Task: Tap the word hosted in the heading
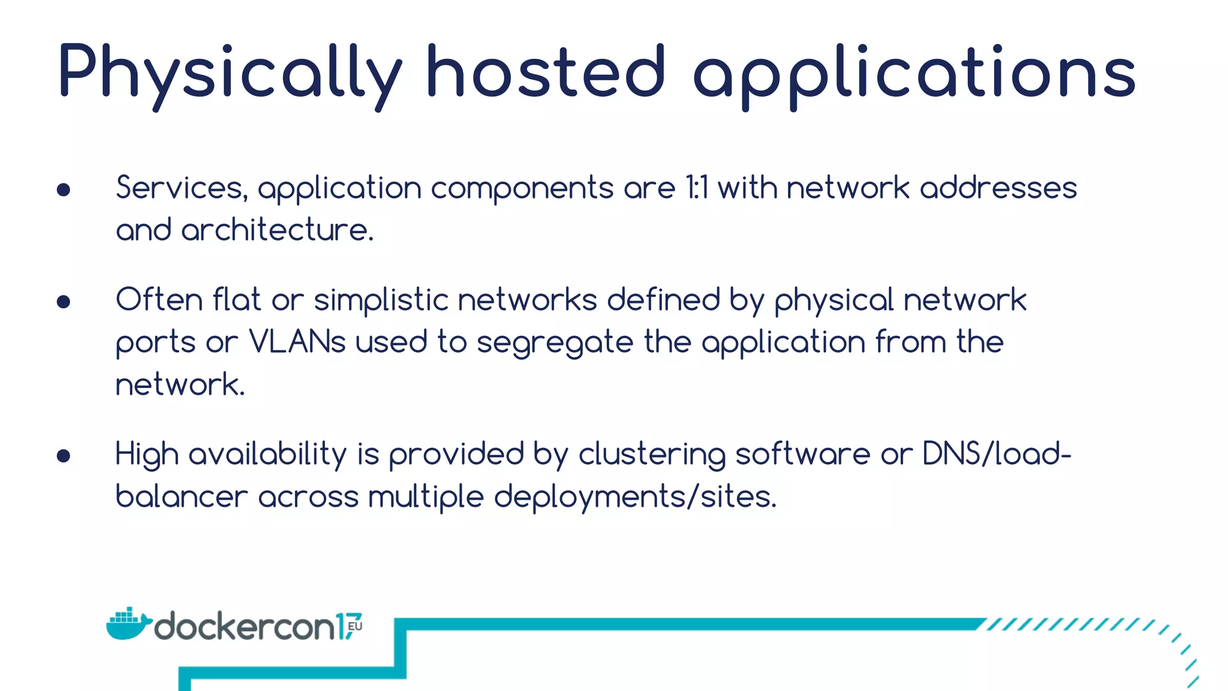pyautogui.click(x=546, y=72)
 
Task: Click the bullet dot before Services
pyautogui.click(x=64, y=190)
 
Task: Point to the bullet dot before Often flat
pyautogui.click(x=64, y=301)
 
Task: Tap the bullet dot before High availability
pyautogui.click(x=64, y=456)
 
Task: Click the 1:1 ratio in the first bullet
pyautogui.click(x=697, y=188)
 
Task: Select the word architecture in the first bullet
pyautogui.click(x=277, y=230)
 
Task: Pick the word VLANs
pyautogui.click(x=297, y=342)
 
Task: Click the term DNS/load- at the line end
pyautogui.click(x=997, y=453)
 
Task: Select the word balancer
pyautogui.click(x=181, y=497)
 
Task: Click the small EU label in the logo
pyautogui.click(x=355, y=626)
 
